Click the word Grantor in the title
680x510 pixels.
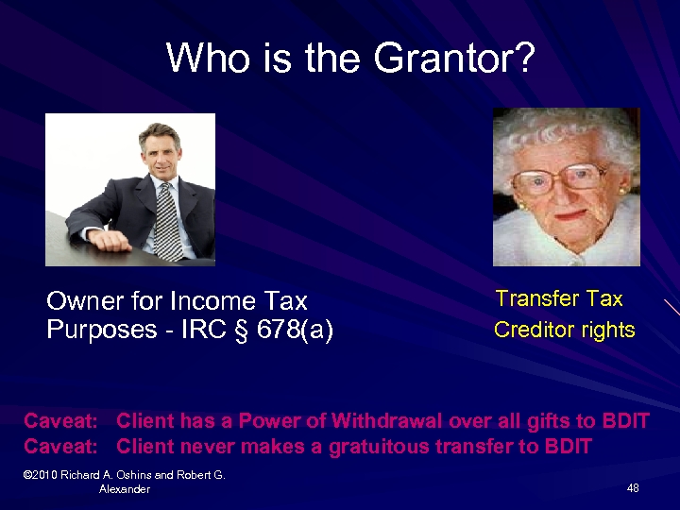point(453,59)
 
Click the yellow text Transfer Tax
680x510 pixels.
point(559,299)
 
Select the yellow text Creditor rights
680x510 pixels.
point(564,331)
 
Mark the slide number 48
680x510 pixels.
point(632,488)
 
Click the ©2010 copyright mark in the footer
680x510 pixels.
point(44,475)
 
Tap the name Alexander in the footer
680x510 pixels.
point(124,489)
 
